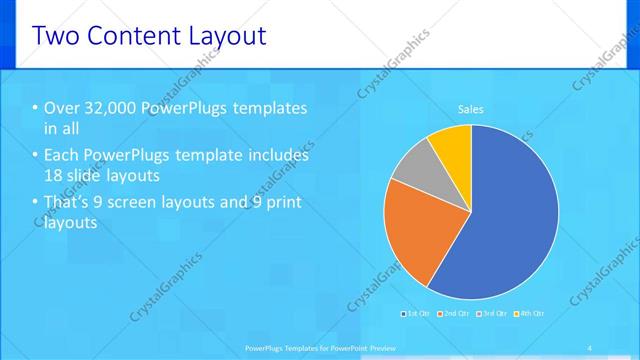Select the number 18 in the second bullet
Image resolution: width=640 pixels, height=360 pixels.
[x=54, y=176]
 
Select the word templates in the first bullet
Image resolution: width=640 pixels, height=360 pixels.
[x=271, y=108]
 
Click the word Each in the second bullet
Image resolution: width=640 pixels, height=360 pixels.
[x=62, y=156]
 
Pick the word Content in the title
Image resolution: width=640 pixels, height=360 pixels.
[x=129, y=37]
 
